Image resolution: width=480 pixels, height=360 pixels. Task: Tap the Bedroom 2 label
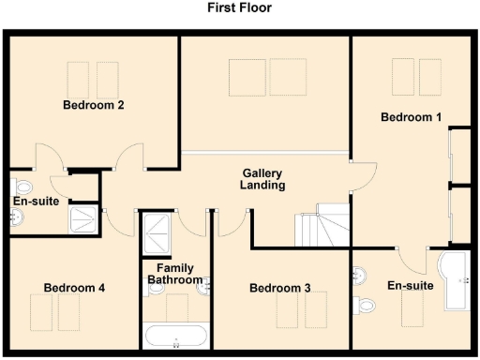tap(94, 105)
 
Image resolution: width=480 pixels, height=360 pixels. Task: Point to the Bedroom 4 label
tap(74, 288)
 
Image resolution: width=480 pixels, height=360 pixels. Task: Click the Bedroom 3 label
tap(279, 288)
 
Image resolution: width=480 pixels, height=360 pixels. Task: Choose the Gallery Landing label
tap(262, 179)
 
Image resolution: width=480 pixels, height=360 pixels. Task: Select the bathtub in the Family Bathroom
tap(177, 336)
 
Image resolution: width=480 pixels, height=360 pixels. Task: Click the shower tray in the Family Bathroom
tap(155, 232)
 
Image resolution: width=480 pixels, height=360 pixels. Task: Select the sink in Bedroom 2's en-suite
tap(17, 218)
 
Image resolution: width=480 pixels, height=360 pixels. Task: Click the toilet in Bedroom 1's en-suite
tap(367, 302)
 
